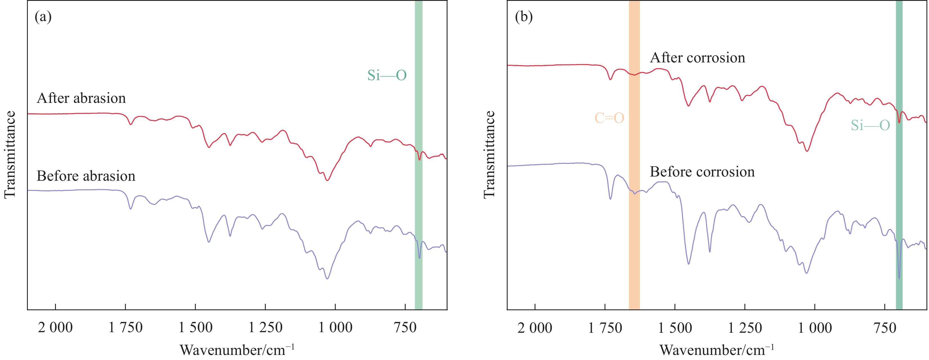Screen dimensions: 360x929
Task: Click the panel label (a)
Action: [x=43, y=17]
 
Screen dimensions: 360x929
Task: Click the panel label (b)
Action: [x=524, y=17]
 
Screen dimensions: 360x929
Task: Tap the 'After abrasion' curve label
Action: [x=81, y=98]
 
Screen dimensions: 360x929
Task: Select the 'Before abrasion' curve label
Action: [x=86, y=176]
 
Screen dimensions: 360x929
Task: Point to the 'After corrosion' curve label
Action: [x=698, y=58]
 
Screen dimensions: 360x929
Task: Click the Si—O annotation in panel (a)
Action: [x=387, y=75]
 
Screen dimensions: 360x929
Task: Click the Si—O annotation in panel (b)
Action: [x=871, y=126]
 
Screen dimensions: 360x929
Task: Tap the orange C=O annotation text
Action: [x=609, y=118]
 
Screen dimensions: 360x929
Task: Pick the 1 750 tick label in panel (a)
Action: [x=126, y=327]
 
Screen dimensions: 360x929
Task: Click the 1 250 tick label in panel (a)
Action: [x=265, y=327]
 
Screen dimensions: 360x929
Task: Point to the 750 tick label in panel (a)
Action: [x=405, y=327]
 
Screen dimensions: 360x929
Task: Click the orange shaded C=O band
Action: [x=634, y=216]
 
